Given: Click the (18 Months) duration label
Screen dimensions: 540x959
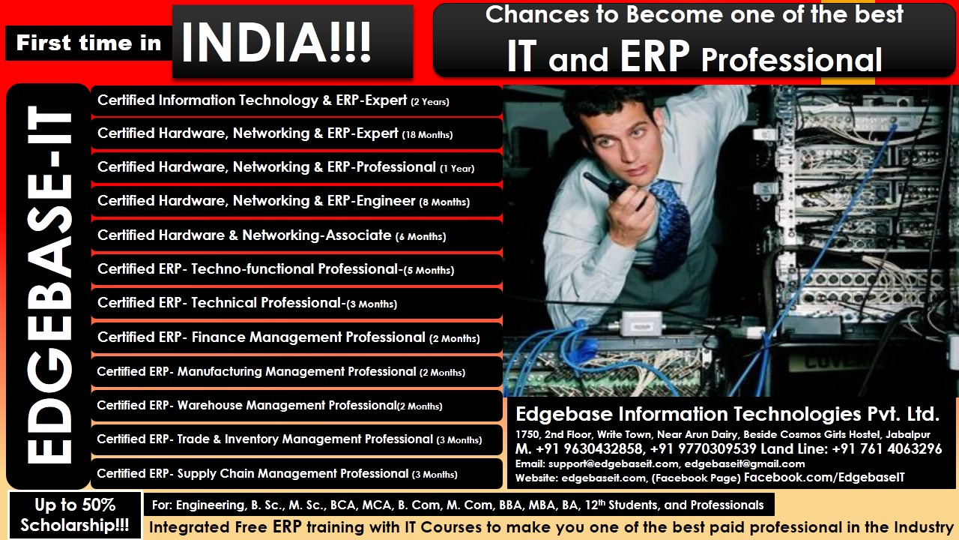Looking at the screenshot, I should [x=427, y=135].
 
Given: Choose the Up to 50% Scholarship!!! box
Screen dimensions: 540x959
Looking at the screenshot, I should [x=74, y=514].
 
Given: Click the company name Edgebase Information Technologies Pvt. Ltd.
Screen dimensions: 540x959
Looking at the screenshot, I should [x=727, y=414].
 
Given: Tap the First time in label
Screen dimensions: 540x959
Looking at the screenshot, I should [x=88, y=43].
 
